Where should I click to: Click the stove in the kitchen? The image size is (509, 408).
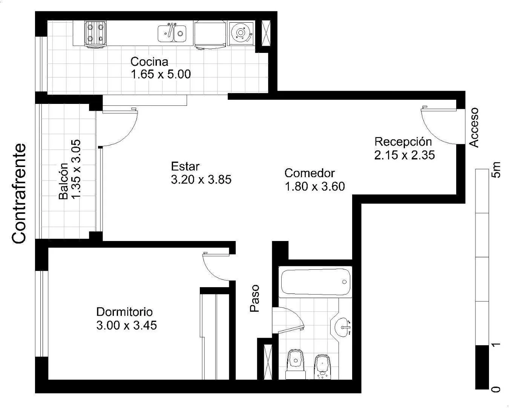(95, 34)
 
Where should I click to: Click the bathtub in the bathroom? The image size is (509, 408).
(316, 282)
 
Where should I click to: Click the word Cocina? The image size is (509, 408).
(149, 62)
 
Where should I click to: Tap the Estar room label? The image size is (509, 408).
(185, 166)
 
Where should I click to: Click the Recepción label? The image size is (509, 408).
(403, 142)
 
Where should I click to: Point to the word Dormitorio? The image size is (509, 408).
(124, 312)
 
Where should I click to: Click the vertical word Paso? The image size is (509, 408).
(255, 298)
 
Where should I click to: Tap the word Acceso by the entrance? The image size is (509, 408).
(474, 128)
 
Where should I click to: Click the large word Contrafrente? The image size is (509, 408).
(19, 193)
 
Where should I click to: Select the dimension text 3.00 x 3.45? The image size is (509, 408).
(127, 325)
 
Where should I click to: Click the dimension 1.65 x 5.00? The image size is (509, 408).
(161, 74)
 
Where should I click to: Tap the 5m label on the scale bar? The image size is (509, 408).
(496, 170)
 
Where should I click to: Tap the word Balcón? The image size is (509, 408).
(63, 181)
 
